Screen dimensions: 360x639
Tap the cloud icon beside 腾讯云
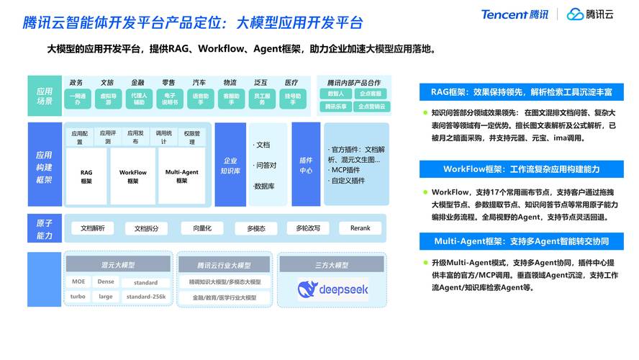(574, 14)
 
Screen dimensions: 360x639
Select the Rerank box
(360, 228)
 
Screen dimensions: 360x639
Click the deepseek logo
(332, 289)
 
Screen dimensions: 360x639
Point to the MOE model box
(78, 282)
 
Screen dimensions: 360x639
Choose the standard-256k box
(146, 297)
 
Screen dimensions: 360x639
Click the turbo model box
(78, 297)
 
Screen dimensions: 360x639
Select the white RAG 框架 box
(86, 176)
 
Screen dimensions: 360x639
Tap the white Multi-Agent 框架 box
(181, 176)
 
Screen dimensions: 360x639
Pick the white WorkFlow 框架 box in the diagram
(133, 176)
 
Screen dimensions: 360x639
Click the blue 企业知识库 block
(230, 166)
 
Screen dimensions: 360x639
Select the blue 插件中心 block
(306, 166)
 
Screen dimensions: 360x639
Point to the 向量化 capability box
(196, 228)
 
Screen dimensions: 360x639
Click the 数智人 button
(335, 94)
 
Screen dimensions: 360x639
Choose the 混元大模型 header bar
(118, 265)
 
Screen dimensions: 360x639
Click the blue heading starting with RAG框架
(522, 92)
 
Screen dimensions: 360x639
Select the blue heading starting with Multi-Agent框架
(522, 241)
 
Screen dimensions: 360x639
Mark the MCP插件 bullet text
(346, 170)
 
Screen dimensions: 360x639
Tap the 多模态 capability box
(256, 228)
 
